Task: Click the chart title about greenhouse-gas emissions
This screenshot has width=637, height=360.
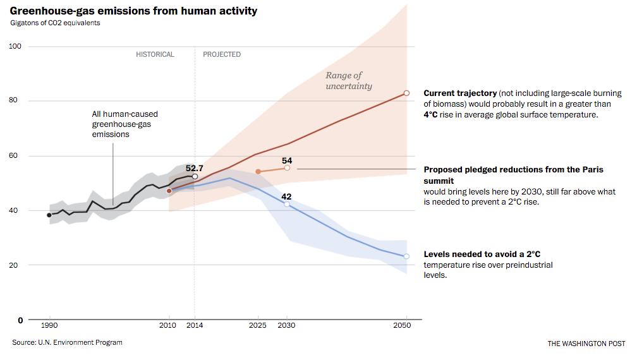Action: [x=133, y=11]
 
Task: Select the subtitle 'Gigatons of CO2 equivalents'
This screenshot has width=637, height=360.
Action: [x=55, y=23]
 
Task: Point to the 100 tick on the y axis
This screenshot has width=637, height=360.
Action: [x=16, y=46]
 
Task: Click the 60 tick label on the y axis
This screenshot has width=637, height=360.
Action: [x=16, y=156]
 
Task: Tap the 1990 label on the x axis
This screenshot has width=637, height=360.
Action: [x=49, y=325]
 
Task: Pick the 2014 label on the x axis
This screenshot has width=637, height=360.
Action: [x=195, y=325]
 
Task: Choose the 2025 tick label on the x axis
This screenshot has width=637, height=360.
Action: [x=258, y=325]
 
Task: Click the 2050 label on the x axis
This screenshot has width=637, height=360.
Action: [x=402, y=325]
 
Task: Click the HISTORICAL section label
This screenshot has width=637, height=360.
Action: [x=155, y=54]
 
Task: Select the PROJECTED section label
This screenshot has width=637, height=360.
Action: [x=222, y=54]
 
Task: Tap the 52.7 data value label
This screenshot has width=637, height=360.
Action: [x=195, y=168]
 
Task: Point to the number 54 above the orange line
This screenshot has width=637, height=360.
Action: [x=287, y=160]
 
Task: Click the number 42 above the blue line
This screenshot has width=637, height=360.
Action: [x=286, y=196]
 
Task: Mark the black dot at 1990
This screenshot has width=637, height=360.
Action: [x=49, y=215]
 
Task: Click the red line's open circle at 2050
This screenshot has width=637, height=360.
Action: [x=406, y=93]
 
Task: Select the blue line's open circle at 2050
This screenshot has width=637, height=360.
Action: [x=406, y=256]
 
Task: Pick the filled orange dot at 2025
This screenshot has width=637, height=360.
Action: [x=258, y=172]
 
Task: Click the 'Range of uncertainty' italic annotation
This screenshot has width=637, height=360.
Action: [x=348, y=81]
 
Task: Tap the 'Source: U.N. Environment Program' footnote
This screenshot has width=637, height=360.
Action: [x=67, y=342]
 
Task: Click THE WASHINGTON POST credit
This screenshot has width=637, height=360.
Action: [x=586, y=344]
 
